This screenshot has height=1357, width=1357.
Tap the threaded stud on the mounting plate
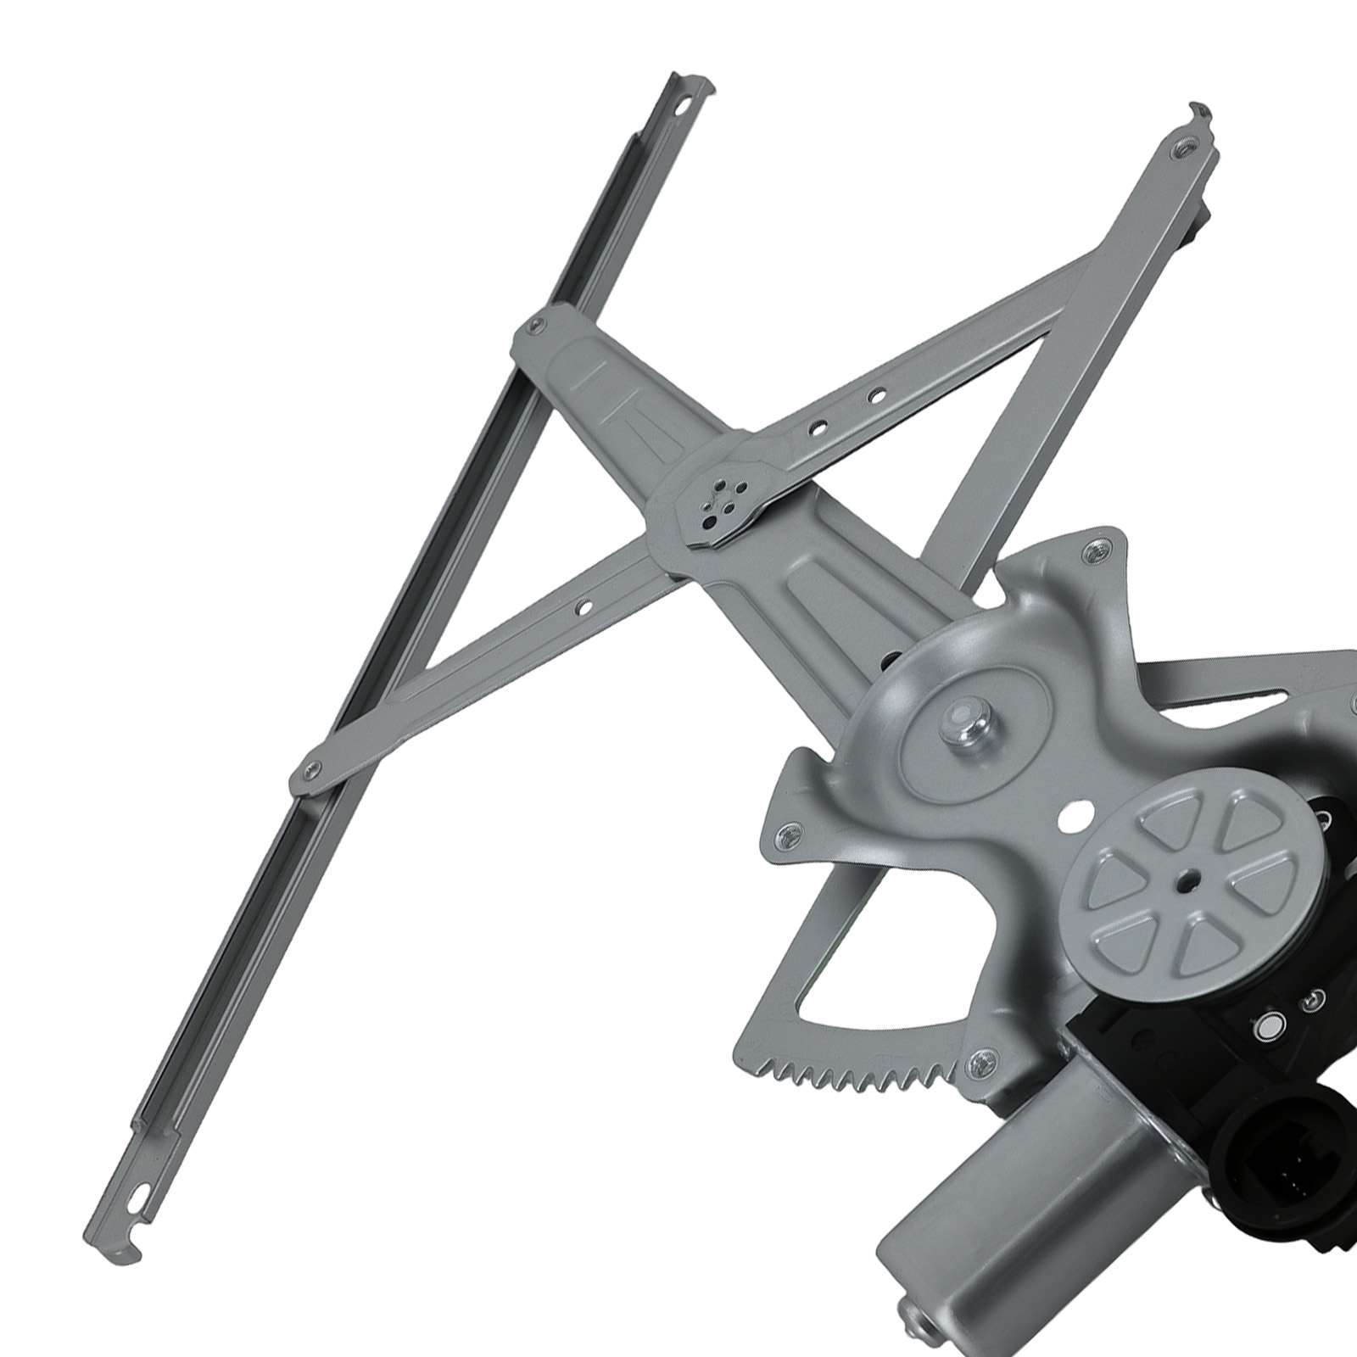tap(963, 725)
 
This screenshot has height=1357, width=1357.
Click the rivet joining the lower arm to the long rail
tap(310, 769)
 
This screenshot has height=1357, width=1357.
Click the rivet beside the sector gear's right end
tap(981, 1058)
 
